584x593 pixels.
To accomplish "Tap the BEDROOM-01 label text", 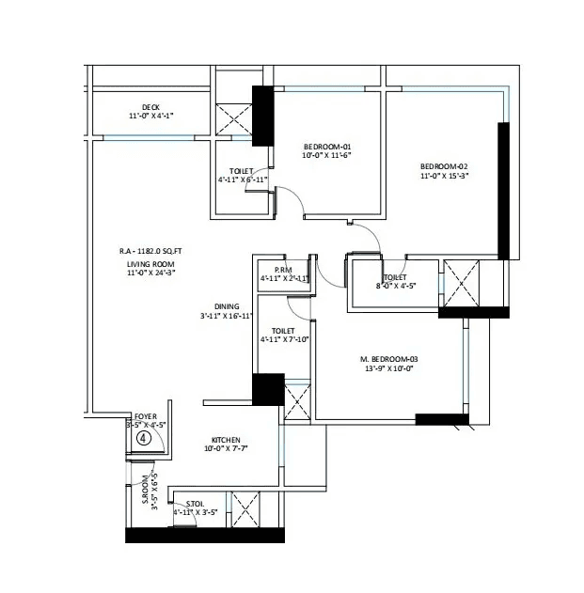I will pyautogui.click(x=326, y=147).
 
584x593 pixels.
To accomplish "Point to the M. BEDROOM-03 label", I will pyautogui.click(x=388, y=359).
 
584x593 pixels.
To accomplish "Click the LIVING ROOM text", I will pyautogui.click(x=151, y=265).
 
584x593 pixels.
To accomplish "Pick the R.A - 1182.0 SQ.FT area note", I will pyautogui.click(x=151, y=251).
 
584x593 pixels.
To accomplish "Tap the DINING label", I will pyautogui.click(x=226, y=306).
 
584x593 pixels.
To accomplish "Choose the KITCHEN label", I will pyautogui.click(x=226, y=440).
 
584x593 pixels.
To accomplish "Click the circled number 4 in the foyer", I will pyautogui.click(x=144, y=437).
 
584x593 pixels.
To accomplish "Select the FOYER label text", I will pyautogui.click(x=146, y=415).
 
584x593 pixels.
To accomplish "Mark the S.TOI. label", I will pyautogui.click(x=196, y=504).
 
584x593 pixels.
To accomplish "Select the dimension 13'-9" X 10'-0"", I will pyautogui.click(x=388, y=369).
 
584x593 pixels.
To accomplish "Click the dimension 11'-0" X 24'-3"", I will pyautogui.click(x=151, y=275).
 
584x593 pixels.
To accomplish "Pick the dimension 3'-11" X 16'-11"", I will pyautogui.click(x=226, y=317).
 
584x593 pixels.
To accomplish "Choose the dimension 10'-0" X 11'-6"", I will pyautogui.click(x=326, y=157).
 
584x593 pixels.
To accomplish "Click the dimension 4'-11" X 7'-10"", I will pyautogui.click(x=283, y=341).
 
